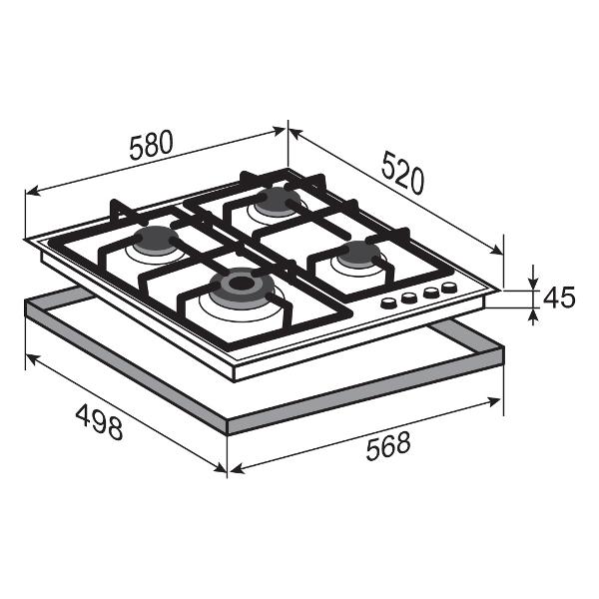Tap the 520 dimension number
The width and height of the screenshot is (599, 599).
402,173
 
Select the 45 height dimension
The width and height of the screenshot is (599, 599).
558,298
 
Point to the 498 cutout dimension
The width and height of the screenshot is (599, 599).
99,422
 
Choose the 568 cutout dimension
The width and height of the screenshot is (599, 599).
388,446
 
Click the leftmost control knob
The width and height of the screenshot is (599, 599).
388,303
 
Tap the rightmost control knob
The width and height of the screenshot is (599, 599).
449,288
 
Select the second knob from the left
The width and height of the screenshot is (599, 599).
408,298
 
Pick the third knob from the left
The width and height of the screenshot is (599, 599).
431,293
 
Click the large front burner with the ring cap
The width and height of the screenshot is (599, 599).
241,287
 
